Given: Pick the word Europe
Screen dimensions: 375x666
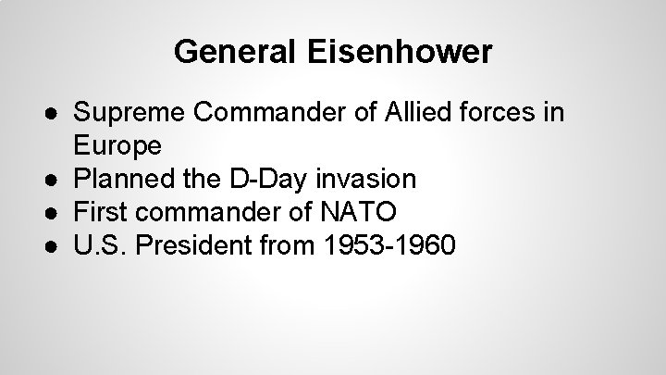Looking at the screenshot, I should (x=117, y=146).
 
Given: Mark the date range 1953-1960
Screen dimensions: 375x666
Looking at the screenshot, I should (x=389, y=246).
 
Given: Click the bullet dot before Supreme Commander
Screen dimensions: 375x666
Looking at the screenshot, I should (x=58, y=114).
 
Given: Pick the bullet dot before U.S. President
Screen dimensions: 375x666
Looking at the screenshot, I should (x=58, y=247).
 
